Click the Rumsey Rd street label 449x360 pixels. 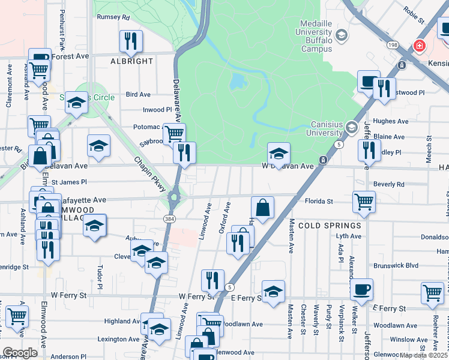113,17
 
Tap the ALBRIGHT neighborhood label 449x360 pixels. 131,61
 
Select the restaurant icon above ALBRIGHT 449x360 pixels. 131,41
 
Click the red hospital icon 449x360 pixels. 418,46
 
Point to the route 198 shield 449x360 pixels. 393,45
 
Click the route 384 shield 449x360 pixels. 172,220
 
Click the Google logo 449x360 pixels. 20,353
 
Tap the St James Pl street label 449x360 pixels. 69,182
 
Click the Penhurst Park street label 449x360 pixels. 61,37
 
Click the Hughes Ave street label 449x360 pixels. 390,121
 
